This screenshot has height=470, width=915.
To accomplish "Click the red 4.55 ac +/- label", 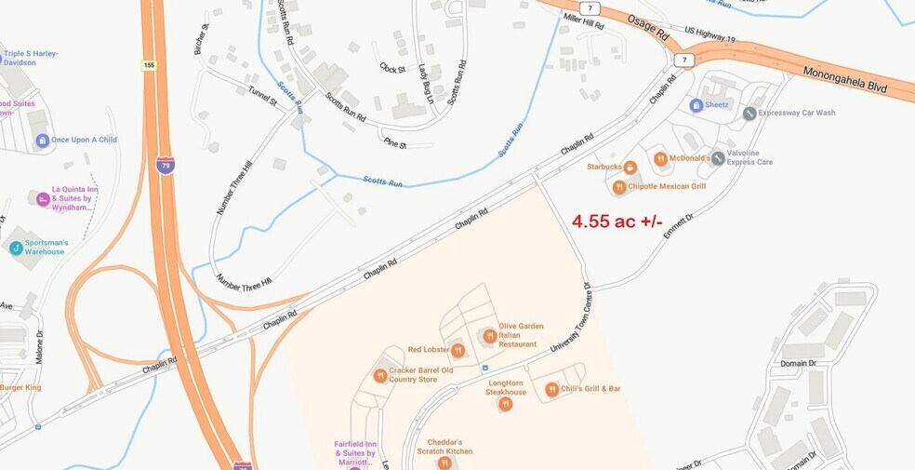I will coord(617,222).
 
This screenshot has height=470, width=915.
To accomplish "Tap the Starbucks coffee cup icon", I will coord(630,168).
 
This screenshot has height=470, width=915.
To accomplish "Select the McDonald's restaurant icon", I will coord(660,159).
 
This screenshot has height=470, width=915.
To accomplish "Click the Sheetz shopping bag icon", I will coord(696,105).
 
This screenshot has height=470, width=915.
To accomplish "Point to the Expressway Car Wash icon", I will coord(749,113).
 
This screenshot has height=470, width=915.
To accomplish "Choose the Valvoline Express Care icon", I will coord(718,158).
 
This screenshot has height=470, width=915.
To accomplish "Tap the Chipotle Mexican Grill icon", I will coord(618,187).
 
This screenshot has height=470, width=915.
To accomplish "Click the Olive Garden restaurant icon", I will coord(489,336).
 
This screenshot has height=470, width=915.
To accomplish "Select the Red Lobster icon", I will coord(457,350).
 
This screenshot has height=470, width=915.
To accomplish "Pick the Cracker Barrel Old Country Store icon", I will coord(380,375).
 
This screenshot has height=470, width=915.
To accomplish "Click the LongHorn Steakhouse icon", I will coord(505,404).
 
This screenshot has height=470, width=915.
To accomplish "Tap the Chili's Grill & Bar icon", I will coord(551,389).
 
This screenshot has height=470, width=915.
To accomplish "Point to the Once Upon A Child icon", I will coord(42,141).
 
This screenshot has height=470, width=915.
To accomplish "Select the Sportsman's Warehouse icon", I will coord(16,248).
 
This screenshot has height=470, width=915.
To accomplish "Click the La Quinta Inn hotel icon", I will coord(42,198).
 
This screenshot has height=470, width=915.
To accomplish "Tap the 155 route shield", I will coord(149,65).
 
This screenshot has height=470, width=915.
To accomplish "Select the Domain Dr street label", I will coord(798,363).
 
